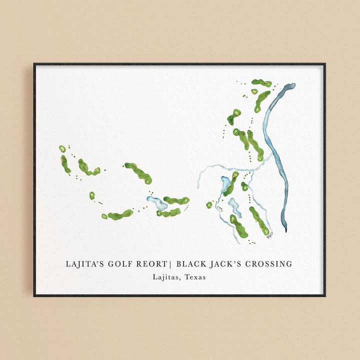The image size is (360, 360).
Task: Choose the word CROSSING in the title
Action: tap(270, 264)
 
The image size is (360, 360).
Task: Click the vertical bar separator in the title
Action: tap(171, 264)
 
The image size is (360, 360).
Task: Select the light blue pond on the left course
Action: tap(158, 203)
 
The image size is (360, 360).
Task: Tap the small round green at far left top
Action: tap(62, 148)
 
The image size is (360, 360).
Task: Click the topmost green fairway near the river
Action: tap(261, 83)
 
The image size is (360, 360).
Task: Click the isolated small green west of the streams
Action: tap(209, 204)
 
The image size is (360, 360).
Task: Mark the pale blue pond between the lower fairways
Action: tap(234, 206)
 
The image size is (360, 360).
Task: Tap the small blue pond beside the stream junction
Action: tap(225, 183)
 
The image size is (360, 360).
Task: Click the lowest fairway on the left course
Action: tap(120, 214)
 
